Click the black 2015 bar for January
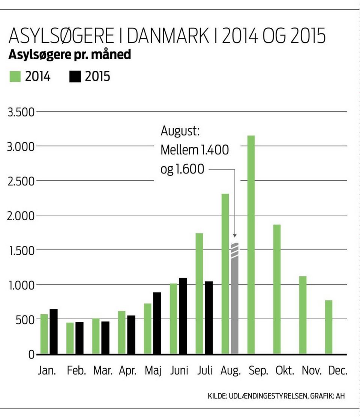[x=54, y=332]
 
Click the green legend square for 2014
[x=14, y=77]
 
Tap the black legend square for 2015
[x=75, y=77]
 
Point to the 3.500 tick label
[x=21, y=112]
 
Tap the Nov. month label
[x=312, y=371]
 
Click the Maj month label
[x=153, y=372]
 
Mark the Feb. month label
[x=76, y=371]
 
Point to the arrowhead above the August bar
[x=235, y=235]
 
